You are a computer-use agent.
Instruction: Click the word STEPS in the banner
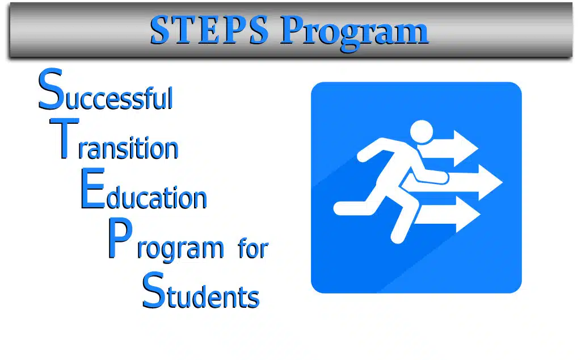click(x=209, y=30)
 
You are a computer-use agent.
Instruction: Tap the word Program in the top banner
click(x=354, y=33)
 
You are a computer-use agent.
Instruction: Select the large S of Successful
click(x=50, y=89)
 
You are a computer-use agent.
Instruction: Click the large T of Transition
click(x=64, y=139)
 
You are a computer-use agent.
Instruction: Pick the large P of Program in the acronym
click(x=120, y=238)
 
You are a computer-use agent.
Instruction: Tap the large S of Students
click(x=154, y=290)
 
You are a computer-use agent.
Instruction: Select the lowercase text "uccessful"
click(x=119, y=98)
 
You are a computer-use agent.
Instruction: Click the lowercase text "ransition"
click(x=128, y=148)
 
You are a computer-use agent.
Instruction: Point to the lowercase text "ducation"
click(x=157, y=198)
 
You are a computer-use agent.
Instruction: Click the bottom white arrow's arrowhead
click(x=468, y=214)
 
